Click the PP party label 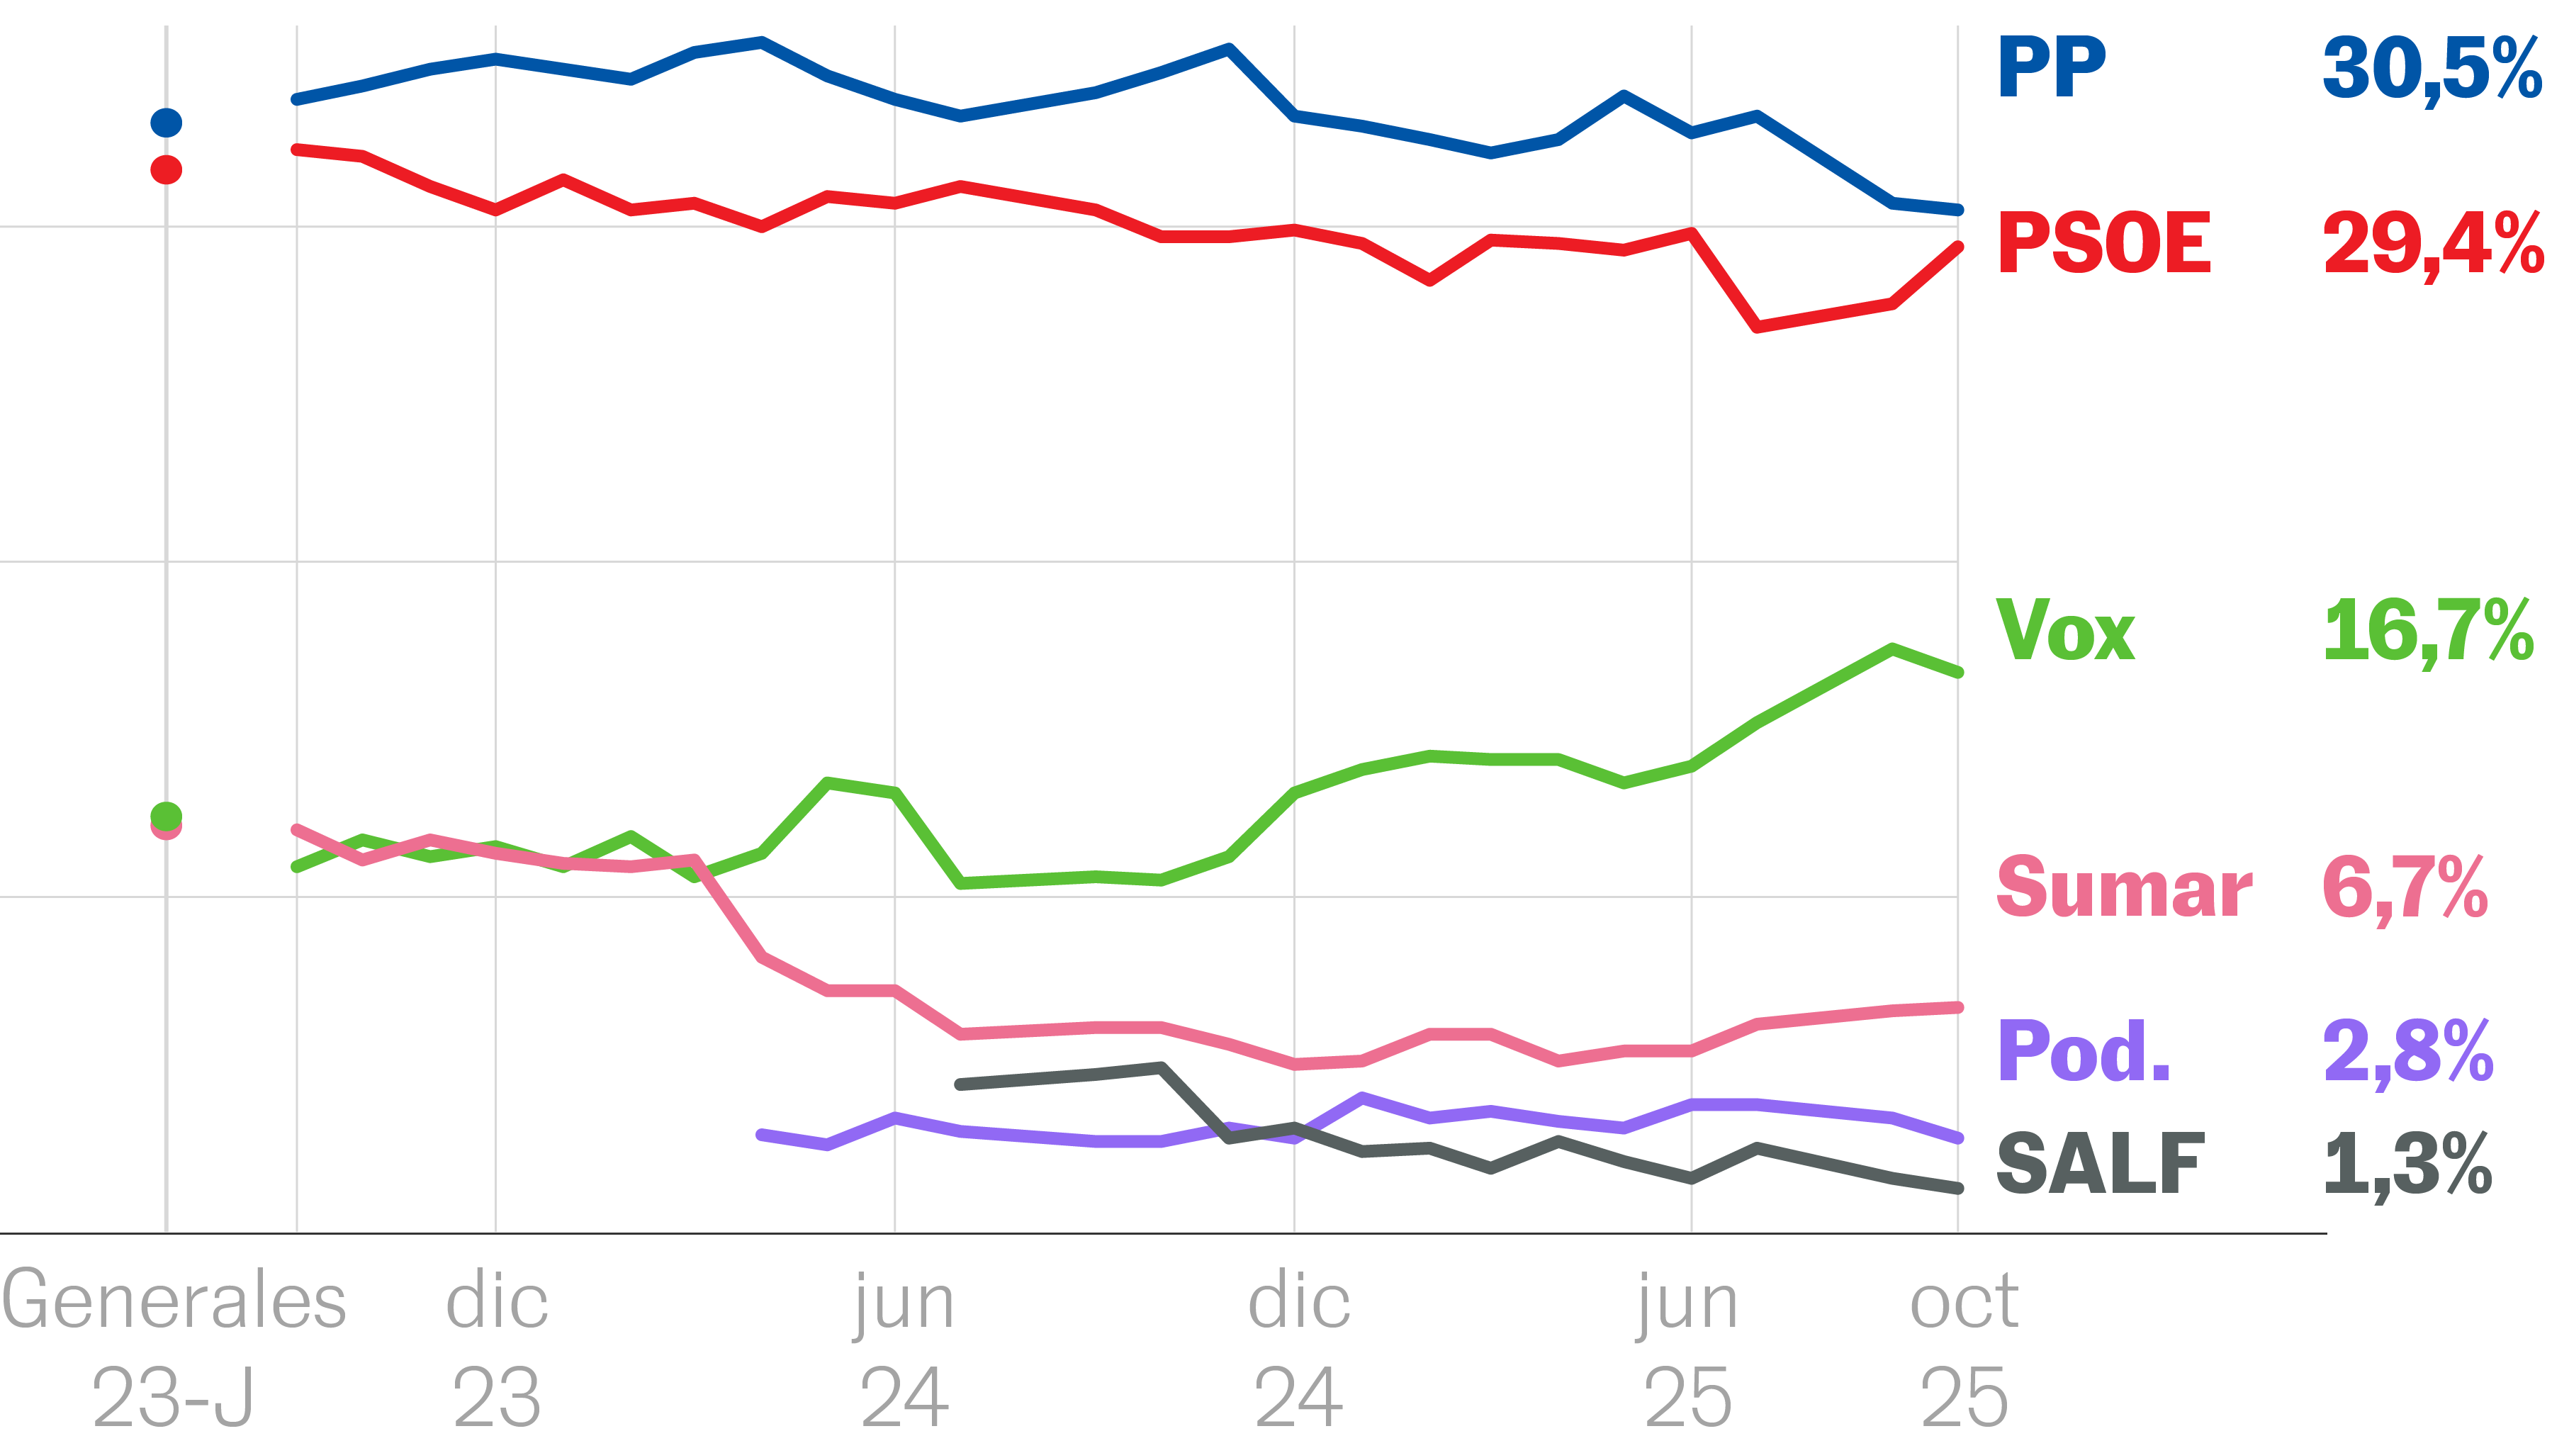click(2051, 67)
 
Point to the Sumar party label click(2124, 888)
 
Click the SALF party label click(2101, 1165)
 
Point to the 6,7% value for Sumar click(2405, 889)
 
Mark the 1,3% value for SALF click(2407, 1165)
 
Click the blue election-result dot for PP click(167, 123)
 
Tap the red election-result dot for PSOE click(167, 169)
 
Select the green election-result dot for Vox click(167, 816)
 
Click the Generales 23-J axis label click(174, 1346)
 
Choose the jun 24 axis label click(904, 1346)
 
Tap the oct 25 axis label click(1964, 1346)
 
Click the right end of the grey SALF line click(1957, 1187)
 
